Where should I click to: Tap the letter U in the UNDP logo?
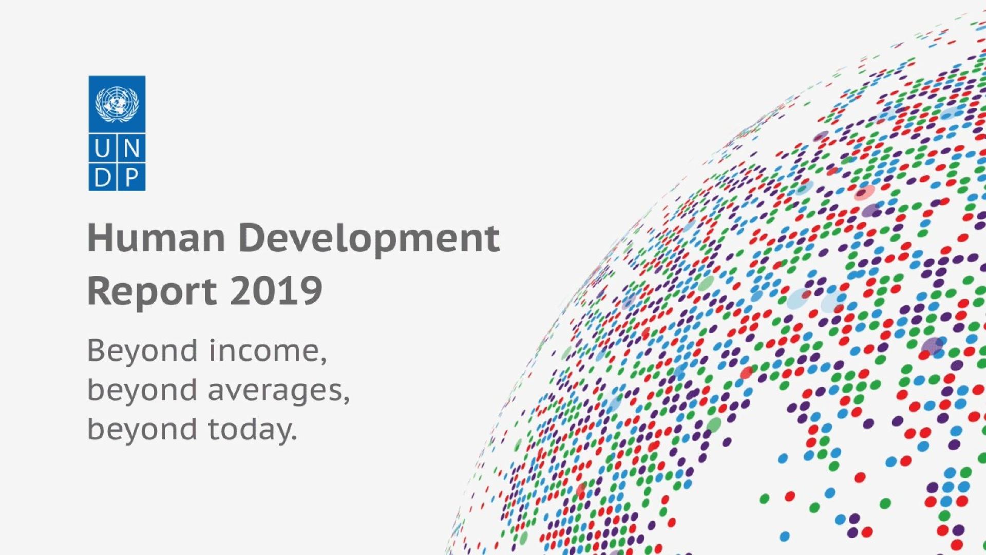click(x=102, y=149)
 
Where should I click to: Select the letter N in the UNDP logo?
click(x=131, y=149)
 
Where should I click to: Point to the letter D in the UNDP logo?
click(x=102, y=178)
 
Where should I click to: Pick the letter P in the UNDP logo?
click(x=131, y=178)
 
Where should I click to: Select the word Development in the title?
click(x=369, y=239)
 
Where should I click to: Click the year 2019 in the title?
click(x=276, y=291)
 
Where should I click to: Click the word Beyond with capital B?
click(x=142, y=351)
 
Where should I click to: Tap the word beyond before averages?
click(x=142, y=391)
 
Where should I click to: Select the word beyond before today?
click(x=142, y=430)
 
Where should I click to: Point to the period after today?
click(x=294, y=438)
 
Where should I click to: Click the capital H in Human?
click(x=98, y=238)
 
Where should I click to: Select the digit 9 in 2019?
click(x=311, y=291)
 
